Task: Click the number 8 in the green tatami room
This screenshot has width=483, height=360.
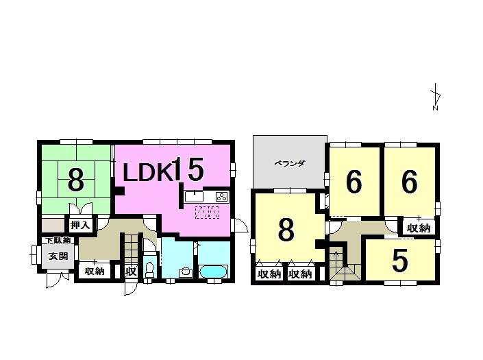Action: [75, 181]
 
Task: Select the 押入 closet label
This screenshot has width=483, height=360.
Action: [81, 224]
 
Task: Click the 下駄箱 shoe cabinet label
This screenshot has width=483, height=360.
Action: [58, 241]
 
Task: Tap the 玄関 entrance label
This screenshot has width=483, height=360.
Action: [58, 256]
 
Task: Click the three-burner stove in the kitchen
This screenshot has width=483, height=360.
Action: [221, 197]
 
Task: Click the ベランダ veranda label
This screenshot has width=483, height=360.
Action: [289, 163]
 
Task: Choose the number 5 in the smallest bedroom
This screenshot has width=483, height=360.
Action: [401, 260]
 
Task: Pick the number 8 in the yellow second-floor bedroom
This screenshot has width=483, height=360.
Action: [286, 230]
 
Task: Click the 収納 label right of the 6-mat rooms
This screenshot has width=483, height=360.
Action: [418, 228]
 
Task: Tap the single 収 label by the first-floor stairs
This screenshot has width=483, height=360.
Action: [130, 271]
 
